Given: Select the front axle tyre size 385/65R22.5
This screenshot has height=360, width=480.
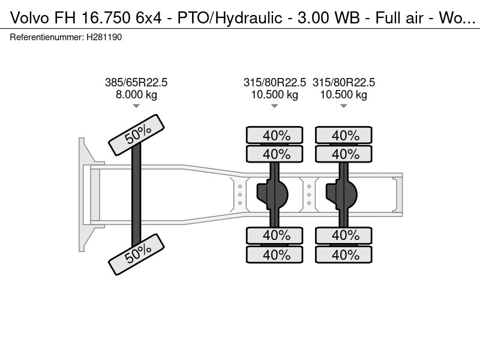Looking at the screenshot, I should [136, 83].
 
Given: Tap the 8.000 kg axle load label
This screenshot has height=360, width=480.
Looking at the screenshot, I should [136, 95].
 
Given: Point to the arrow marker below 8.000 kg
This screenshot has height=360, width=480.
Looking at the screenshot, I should [136, 106].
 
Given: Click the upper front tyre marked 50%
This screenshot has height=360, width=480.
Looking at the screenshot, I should [136, 136].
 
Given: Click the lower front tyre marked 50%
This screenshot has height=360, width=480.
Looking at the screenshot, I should [136, 254].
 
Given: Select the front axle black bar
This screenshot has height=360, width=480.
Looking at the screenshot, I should [136, 195].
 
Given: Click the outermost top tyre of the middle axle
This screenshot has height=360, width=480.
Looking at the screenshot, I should [275, 136].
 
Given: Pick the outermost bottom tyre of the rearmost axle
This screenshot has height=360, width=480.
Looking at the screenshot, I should [344, 255].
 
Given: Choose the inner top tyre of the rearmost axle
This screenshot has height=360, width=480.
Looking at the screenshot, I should [344, 154].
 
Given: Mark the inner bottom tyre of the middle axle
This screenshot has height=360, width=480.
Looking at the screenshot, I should [275, 235].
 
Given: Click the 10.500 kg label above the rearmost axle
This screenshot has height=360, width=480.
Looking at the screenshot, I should [344, 95].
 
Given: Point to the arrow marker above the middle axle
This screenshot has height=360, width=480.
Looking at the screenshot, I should [274, 106].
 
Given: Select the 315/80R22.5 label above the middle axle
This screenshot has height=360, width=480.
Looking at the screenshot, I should [275, 83].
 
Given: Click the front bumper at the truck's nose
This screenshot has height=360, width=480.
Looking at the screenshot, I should [85, 194].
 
